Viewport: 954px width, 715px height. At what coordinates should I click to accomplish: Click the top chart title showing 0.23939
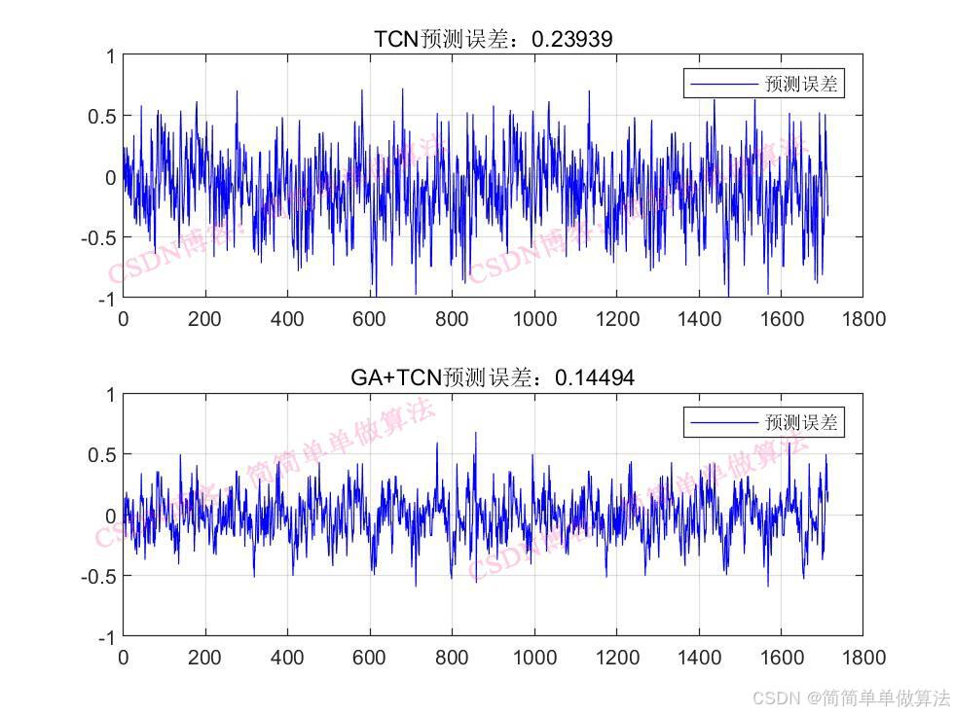[493, 39]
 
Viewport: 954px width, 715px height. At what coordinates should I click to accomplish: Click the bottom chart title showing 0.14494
[493, 377]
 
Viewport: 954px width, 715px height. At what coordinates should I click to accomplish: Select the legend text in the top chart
[801, 85]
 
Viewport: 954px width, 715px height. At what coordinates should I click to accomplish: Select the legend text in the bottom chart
[801, 422]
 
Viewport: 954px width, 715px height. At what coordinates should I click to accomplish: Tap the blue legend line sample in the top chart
[723, 85]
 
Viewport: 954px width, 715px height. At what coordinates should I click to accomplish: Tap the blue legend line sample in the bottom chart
[723, 422]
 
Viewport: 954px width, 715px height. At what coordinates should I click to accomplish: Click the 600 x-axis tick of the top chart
[370, 318]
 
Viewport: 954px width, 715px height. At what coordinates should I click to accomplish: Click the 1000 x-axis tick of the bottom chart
[534, 657]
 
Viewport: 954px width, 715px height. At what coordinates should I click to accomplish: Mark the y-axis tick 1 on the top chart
[110, 56]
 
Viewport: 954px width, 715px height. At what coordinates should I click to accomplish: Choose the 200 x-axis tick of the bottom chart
[205, 657]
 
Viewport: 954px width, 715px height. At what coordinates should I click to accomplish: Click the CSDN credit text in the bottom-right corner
[851, 697]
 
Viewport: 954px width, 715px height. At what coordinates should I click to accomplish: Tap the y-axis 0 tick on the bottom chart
[110, 516]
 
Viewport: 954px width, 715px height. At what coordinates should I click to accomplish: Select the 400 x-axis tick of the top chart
[288, 318]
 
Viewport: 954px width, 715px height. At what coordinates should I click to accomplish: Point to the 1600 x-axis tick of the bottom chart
[781, 657]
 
